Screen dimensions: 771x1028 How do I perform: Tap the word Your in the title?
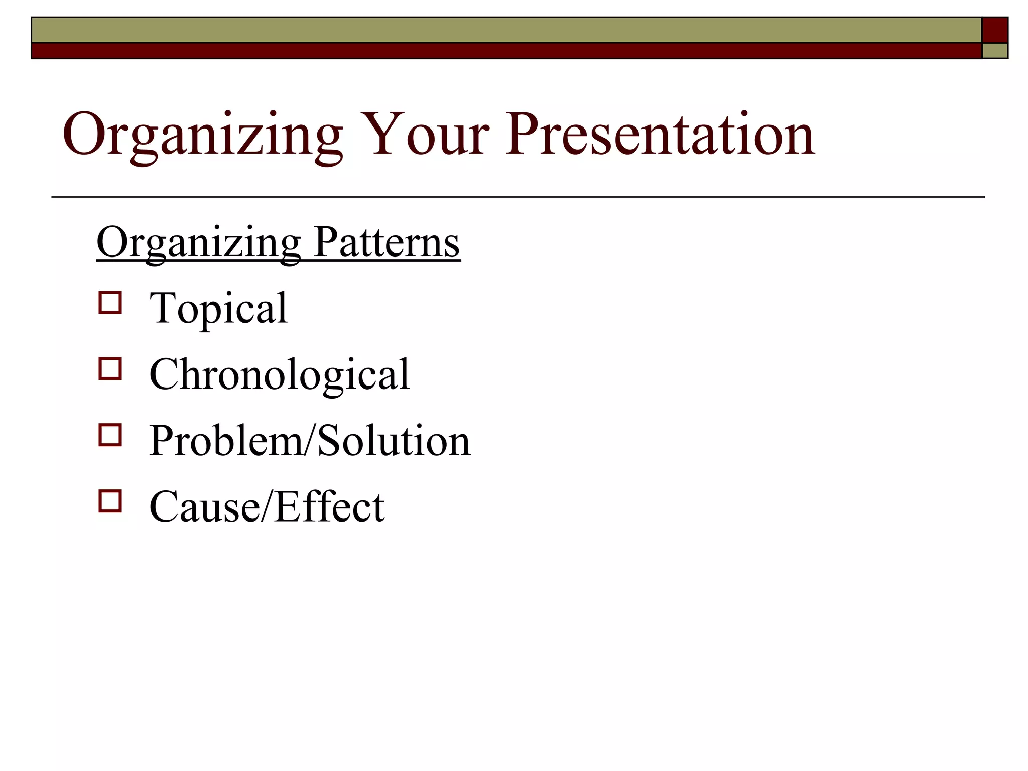(x=425, y=135)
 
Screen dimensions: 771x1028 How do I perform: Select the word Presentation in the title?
(x=660, y=135)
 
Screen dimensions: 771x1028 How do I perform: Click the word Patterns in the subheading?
(x=387, y=243)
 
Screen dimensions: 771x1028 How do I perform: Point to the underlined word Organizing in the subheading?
(x=199, y=244)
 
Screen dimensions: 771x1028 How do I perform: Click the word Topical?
(x=218, y=308)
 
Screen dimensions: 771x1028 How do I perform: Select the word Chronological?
(x=279, y=374)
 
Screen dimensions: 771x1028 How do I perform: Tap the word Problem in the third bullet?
(x=226, y=441)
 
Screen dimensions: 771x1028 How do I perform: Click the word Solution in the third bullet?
(x=394, y=441)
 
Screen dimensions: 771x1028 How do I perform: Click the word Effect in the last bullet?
(x=330, y=507)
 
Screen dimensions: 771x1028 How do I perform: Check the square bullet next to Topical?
(x=110, y=303)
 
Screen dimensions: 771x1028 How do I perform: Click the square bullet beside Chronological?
(x=110, y=369)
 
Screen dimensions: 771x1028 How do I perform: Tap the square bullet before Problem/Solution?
(x=110, y=435)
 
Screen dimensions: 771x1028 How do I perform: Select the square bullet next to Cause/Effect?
(x=110, y=501)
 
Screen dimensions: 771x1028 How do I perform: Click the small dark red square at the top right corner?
(x=995, y=30)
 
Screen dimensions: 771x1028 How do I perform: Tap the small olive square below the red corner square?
(x=995, y=51)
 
